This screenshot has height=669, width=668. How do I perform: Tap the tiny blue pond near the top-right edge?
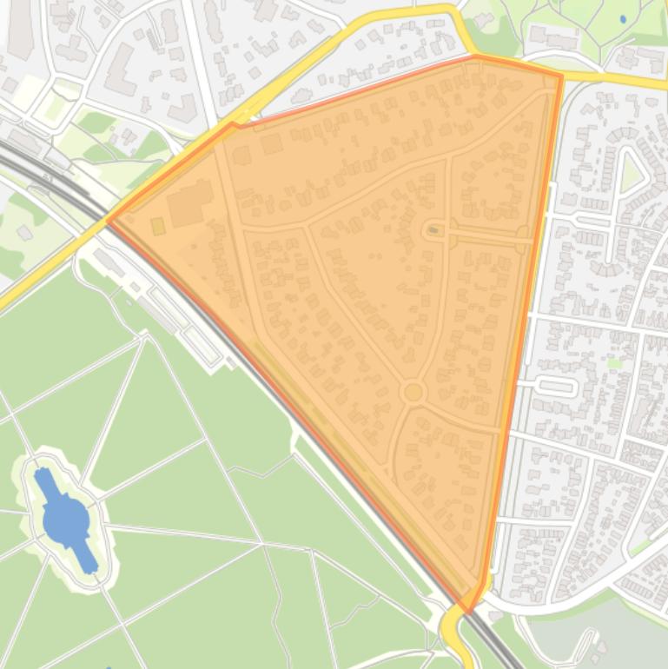tap(623, 18)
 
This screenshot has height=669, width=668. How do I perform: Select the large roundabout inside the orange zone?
tap(413, 393)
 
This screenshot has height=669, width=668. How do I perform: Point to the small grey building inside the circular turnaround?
tap(433, 230)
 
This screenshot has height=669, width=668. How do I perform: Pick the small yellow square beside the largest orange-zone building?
tap(158, 226)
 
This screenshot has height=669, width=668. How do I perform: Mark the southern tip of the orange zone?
tap(467, 612)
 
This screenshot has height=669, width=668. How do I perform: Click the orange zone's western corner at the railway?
tap(109, 220)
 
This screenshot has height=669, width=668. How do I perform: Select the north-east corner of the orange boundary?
tap(561, 76)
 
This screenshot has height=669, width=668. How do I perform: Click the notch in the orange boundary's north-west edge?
tap(232, 124)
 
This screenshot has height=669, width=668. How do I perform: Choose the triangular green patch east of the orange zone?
tap(632, 174)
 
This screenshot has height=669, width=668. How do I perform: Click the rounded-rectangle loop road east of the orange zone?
tap(556, 386)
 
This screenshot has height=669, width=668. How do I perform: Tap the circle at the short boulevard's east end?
tap(522, 232)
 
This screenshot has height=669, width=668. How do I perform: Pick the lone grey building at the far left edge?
tap(24, 232)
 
